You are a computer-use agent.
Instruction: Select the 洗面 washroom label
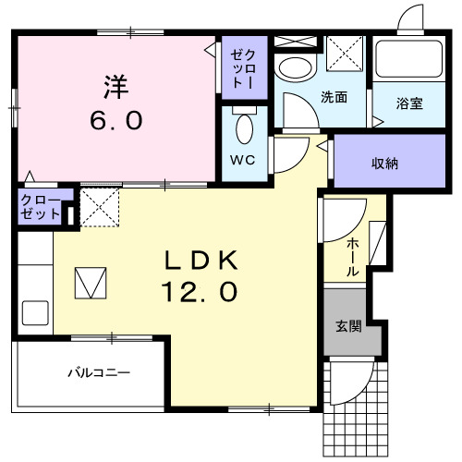point(334,97)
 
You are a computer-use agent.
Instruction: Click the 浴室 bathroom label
point(409,103)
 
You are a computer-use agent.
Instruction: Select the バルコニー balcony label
point(99,373)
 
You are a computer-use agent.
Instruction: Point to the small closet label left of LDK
point(41,207)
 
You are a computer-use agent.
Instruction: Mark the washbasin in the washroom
point(296,67)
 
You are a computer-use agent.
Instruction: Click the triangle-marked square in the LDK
point(91,282)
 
